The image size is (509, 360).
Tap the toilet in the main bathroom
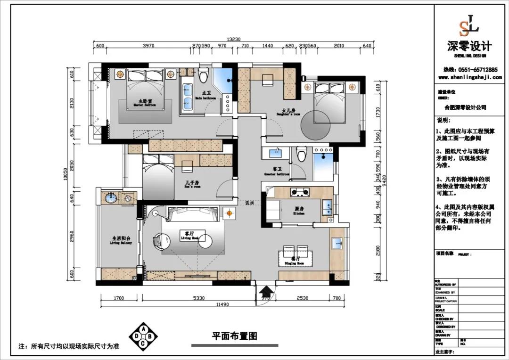click(x=204, y=75)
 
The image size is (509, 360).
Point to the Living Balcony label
click(x=121, y=241)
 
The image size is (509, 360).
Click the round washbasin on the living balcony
click(x=110, y=198)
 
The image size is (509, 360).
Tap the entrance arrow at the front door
click(x=265, y=293)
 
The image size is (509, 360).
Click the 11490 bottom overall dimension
click(x=222, y=305)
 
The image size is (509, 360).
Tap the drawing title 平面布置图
click(x=234, y=336)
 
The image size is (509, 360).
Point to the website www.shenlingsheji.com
click(x=469, y=77)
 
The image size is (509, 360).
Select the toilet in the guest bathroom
click(x=302, y=154)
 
